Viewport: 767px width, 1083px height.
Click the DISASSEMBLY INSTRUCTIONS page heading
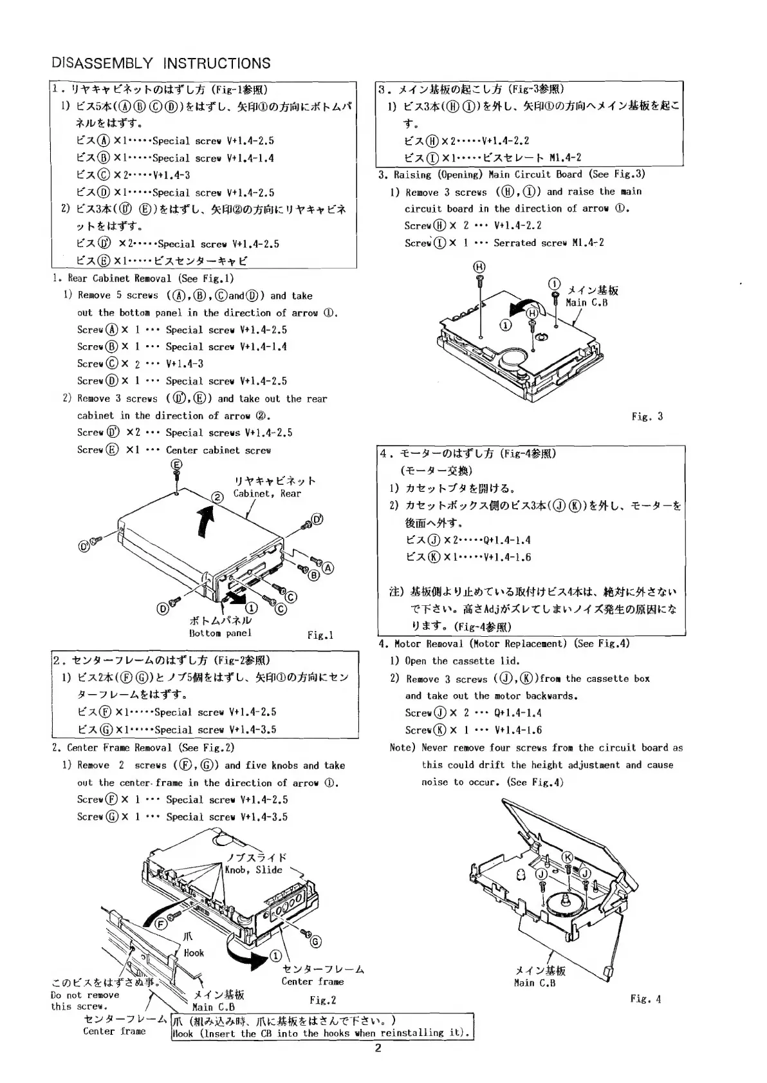tap(161, 63)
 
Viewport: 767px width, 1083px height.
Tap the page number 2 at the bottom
tap(378, 1048)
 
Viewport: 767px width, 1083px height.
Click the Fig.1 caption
tap(320, 636)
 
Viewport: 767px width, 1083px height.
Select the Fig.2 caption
tap(322, 1000)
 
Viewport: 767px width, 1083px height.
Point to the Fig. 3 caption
tap(647, 417)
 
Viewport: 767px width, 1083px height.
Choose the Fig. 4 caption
tap(645, 999)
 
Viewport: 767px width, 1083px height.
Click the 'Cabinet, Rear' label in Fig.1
tap(267, 494)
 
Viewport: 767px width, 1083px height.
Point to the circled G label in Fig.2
tap(315, 941)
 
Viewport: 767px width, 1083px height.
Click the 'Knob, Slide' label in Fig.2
tap(254, 870)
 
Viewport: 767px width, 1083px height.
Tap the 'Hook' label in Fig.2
tap(194, 953)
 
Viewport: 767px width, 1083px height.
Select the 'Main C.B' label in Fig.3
tap(586, 303)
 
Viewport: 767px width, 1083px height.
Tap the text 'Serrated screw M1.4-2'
tap(549, 243)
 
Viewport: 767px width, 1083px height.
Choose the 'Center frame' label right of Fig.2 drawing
tap(313, 982)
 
